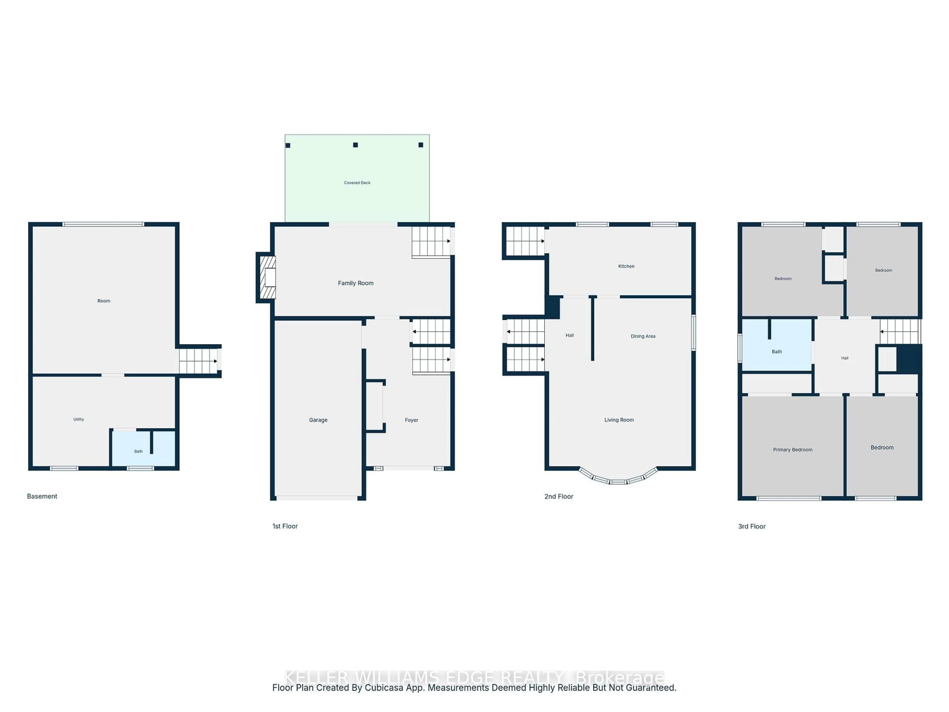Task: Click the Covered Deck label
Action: (x=357, y=183)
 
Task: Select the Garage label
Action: (x=318, y=420)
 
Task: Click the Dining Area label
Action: (x=643, y=336)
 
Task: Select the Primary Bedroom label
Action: (x=792, y=450)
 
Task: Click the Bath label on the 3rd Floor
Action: (x=776, y=352)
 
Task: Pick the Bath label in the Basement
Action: (x=138, y=451)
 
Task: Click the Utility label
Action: (x=79, y=419)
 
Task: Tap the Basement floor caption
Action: (x=42, y=496)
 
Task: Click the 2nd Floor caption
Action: (x=559, y=497)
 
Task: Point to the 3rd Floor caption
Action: (x=752, y=527)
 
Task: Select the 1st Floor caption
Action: (x=285, y=526)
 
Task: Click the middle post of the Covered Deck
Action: (x=355, y=145)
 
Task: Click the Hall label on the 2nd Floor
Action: (x=569, y=336)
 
